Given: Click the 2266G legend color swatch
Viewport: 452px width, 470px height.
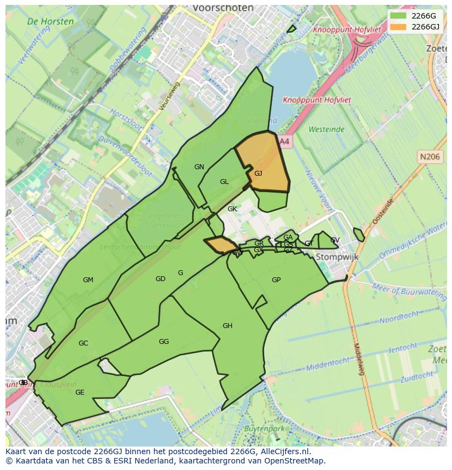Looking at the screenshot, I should pos(399,15).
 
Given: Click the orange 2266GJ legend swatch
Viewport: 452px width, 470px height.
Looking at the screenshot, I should pos(399,26).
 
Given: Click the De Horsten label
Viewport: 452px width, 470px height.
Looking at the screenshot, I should pos(50,21).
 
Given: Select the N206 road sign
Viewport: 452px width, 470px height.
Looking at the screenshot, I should pos(429,157).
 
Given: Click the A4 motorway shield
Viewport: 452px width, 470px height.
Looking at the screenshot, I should pos(284,141).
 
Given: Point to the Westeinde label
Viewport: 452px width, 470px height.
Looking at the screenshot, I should pos(326,129).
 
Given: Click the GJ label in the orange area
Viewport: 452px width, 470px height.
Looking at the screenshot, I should pos(258,174).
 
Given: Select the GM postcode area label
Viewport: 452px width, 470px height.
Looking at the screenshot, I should pos(88,280).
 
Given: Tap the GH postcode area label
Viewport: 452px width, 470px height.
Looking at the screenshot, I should pos(228,326).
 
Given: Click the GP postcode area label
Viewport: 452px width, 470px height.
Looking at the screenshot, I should pos(276,280).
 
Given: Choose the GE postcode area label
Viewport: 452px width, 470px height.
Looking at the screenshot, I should pos(80,392).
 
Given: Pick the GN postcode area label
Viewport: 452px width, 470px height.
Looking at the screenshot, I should pos(199,167).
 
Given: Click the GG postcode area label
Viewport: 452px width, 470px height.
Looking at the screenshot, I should pos(164,342).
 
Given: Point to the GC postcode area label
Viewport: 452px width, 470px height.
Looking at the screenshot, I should pos(83,343).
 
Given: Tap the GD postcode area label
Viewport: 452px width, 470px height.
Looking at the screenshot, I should pos(160,279).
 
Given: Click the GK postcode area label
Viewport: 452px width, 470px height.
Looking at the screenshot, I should pos(232,209).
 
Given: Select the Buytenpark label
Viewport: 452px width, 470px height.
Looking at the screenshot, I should pos(264,429).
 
